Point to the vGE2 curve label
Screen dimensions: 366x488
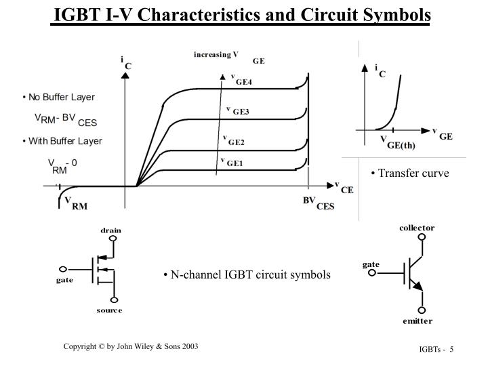tap(234, 140)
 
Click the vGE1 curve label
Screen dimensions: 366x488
tap(232, 162)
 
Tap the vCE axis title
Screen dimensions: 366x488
tap(344, 187)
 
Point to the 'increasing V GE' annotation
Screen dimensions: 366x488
tap(228, 56)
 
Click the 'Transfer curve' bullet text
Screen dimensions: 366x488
tap(410, 173)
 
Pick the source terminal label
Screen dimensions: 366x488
tap(109, 310)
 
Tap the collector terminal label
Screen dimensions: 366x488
tap(416, 228)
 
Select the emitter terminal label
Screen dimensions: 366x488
tap(416, 321)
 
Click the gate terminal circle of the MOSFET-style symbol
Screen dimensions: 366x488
tap(64, 269)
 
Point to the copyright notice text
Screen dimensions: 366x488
tap(131, 346)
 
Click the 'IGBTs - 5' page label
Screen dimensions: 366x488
tap(434, 348)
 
